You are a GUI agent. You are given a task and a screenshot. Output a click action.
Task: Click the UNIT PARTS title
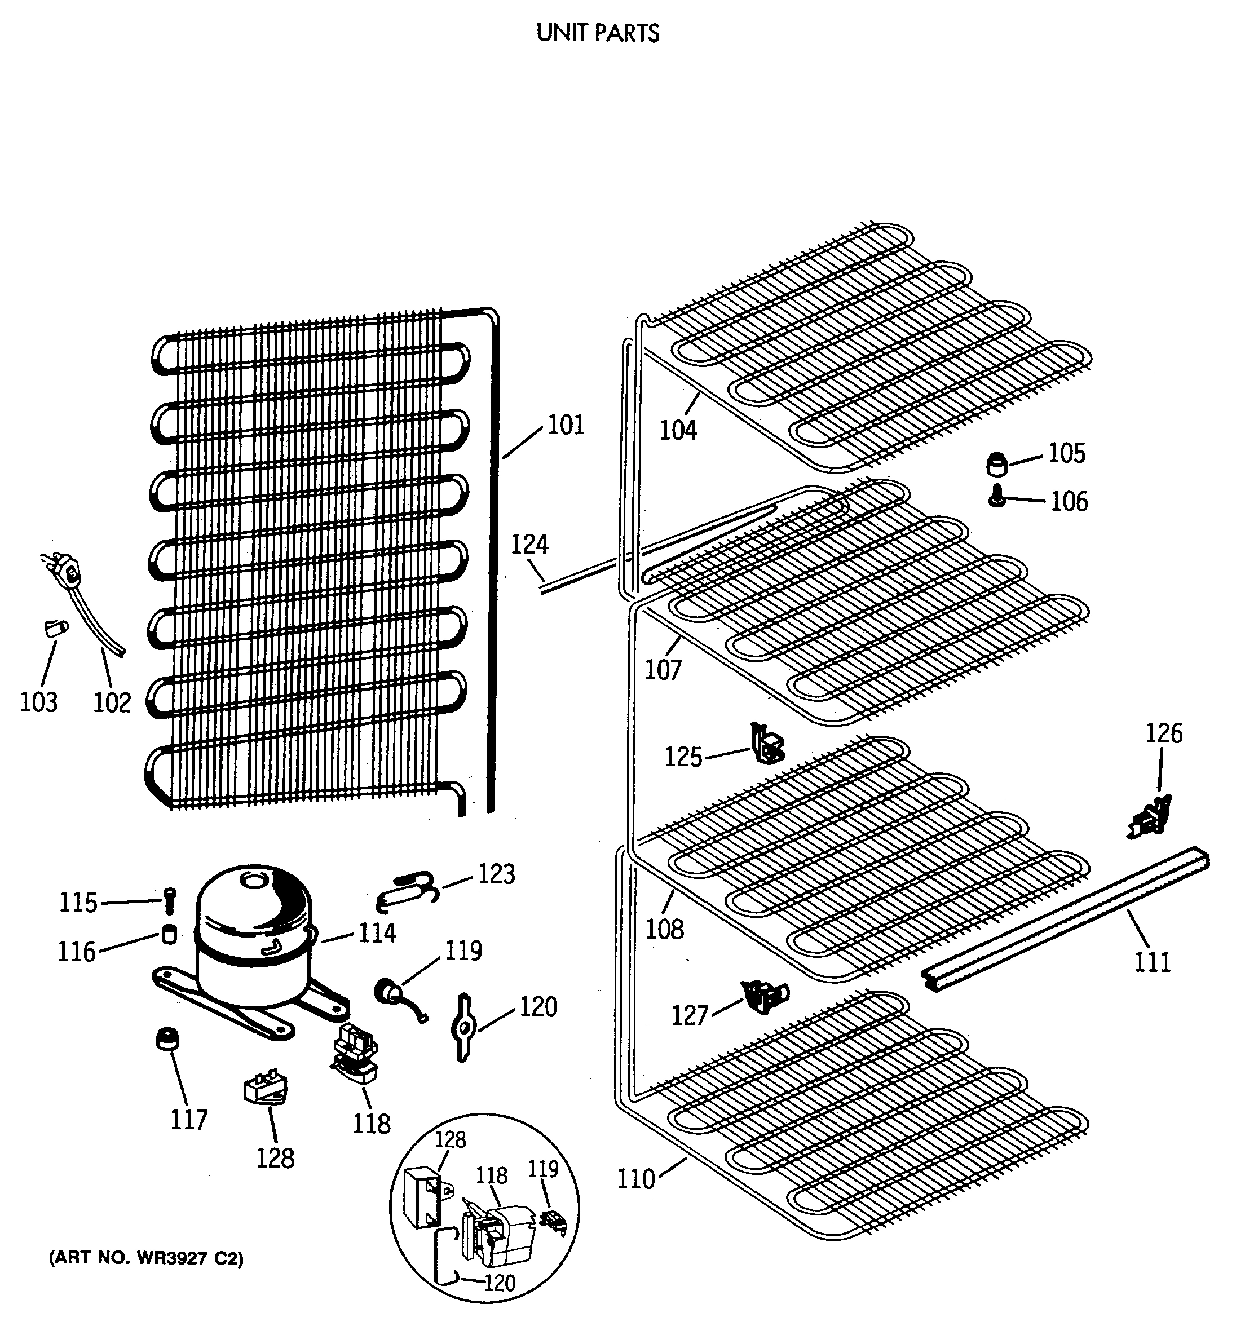pyautogui.click(x=598, y=33)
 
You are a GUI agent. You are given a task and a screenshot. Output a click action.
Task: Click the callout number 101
pyautogui.click(x=566, y=425)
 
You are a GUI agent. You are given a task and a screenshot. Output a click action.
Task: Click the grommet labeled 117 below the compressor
pyautogui.click(x=167, y=1039)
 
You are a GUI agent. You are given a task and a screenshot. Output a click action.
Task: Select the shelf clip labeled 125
pyautogui.click(x=766, y=744)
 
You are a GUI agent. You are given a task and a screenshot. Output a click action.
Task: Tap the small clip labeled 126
pyautogui.click(x=1149, y=816)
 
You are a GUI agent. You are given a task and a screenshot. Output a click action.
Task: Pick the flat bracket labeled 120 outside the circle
pyautogui.click(x=463, y=1027)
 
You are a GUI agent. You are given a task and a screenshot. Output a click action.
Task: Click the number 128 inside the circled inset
pyautogui.click(x=450, y=1139)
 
